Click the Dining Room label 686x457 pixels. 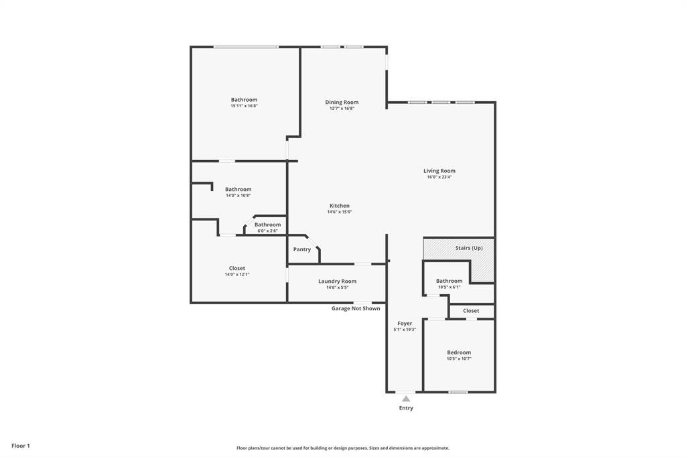[x=342, y=102]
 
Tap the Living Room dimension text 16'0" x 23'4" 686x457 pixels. [x=439, y=178]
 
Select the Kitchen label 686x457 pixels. [x=340, y=205]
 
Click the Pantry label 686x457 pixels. [x=302, y=249]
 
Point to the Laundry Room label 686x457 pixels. [x=338, y=281]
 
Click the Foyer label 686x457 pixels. [x=405, y=324]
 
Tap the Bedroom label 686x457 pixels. [x=459, y=352]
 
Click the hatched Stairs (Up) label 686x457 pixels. [x=469, y=248]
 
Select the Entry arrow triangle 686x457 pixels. [x=406, y=398]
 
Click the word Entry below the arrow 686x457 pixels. [x=406, y=408]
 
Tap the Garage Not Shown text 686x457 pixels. [x=356, y=308]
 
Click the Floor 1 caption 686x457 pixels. [x=21, y=446]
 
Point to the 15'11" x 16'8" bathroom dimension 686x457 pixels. [x=244, y=106]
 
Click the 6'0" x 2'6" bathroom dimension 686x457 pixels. [x=267, y=231]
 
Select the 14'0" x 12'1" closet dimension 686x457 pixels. [x=237, y=275]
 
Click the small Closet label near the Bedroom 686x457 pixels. [x=471, y=310]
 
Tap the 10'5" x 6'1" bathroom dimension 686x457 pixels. [x=450, y=287]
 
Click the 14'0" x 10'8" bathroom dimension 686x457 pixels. [x=238, y=196]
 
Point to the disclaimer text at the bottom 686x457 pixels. [x=343, y=448]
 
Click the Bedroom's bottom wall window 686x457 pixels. [x=458, y=392]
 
